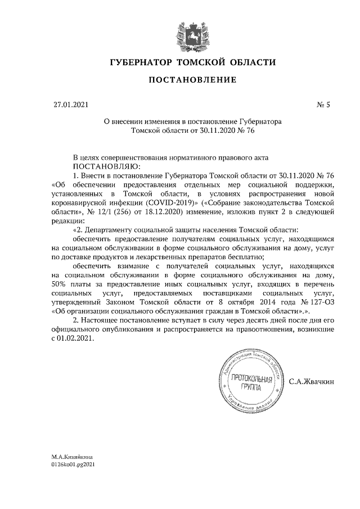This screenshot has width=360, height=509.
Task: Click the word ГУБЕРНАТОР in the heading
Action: click(141, 61)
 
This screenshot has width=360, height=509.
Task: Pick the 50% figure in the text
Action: click(59, 284)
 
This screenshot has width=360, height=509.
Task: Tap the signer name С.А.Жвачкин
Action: click(311, 382)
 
